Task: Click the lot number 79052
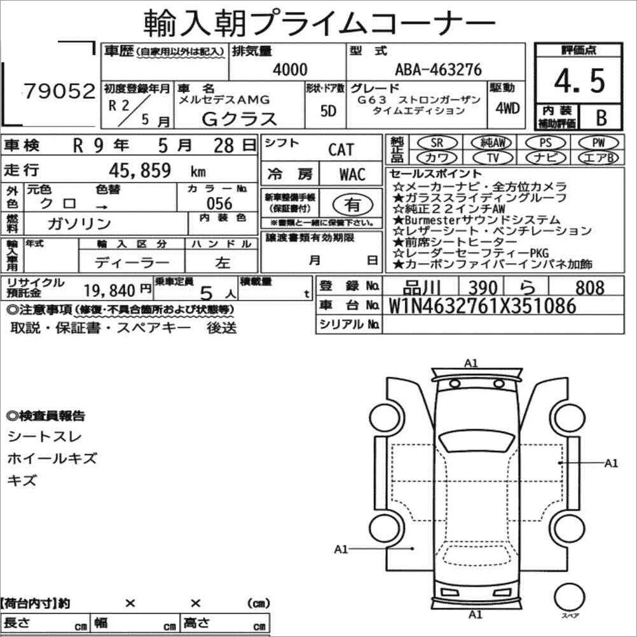[x=59, y=91]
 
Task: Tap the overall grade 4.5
[x=579, y=81]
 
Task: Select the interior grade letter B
[x=601, y=117]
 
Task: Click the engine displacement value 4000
[x=290, y=69]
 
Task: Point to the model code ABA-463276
[x=439, y=70]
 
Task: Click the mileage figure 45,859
[x=140, y=170]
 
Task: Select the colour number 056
[x=219, y=203]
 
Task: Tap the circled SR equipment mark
[x=437, y=142]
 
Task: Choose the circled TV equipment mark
[x=493, y=158]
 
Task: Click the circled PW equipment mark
[x=598, y=142]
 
